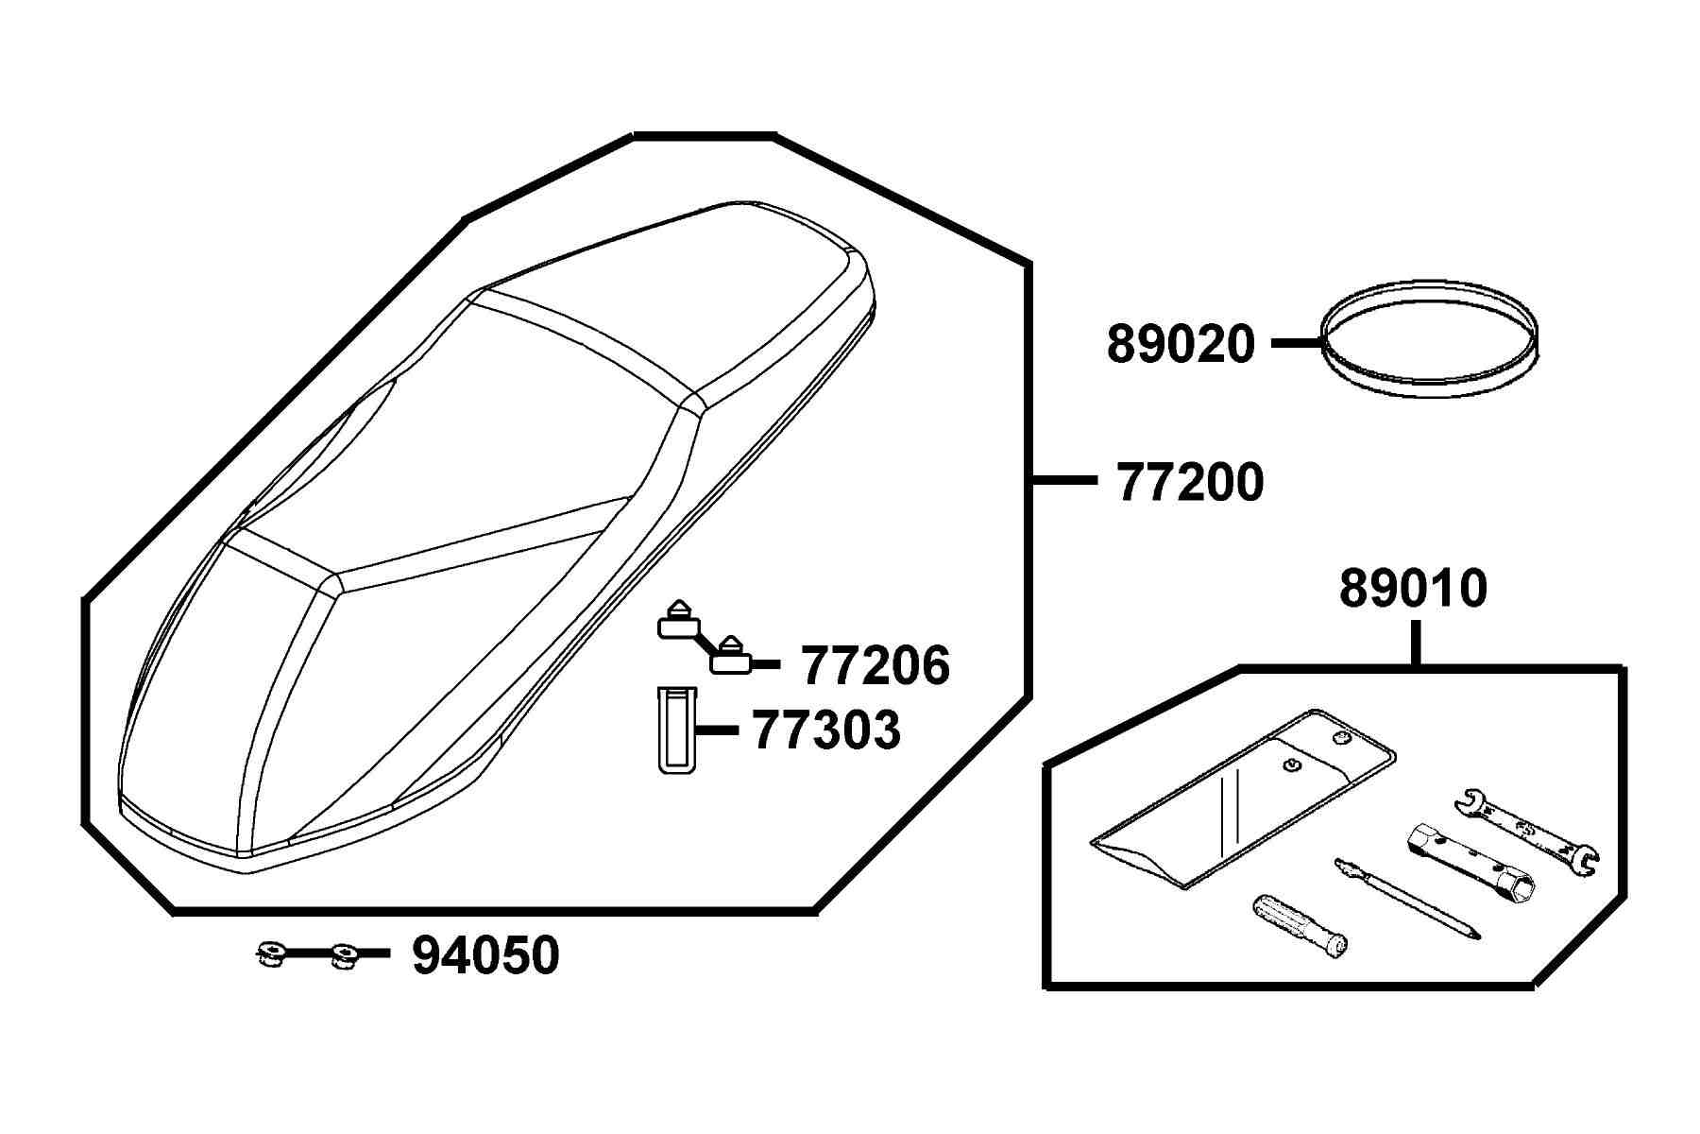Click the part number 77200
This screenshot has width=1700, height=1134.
point(1190,483)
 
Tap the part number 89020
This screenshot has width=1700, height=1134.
point(1181,344)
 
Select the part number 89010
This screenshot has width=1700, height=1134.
point(1413,589)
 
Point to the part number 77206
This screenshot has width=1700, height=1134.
point(875,665)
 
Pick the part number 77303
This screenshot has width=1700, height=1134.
point(826,730)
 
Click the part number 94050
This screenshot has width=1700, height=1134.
point(485,955)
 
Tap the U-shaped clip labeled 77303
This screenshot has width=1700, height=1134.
point(675,730)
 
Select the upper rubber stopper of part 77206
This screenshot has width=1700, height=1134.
point(677,619)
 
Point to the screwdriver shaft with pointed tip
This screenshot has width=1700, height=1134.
point(1407,898)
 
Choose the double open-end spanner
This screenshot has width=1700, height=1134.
point(1525,829)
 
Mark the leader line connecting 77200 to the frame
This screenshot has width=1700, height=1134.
point(1062,481)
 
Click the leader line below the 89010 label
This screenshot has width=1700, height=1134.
point(1415,644)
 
